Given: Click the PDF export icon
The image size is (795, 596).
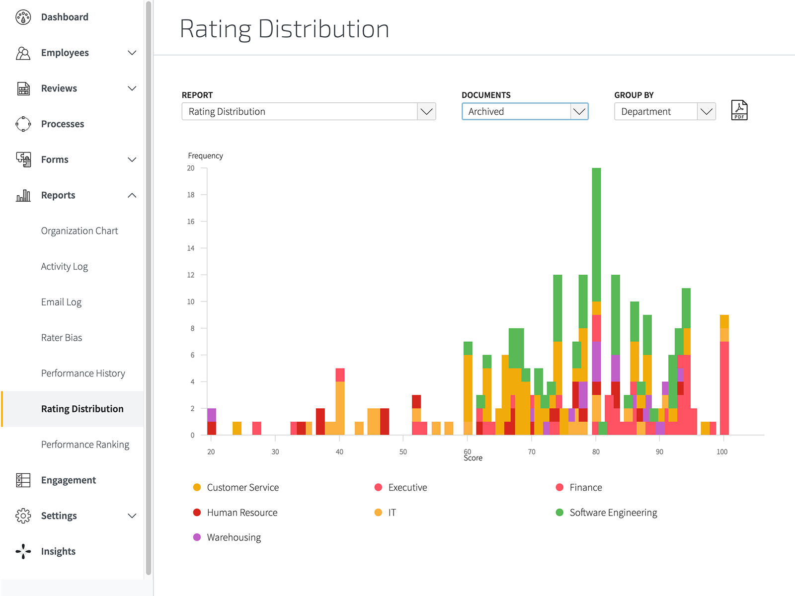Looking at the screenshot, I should tap(739, 110).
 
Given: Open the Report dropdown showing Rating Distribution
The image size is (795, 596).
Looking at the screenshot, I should tap(309, 111).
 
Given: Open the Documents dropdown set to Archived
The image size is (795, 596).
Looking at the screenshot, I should tap(525, 111).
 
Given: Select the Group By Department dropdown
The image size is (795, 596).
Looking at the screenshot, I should tap(664, 111).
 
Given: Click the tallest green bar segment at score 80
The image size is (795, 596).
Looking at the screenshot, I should tap(596, 233).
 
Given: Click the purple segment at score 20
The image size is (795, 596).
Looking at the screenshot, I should tap(212, 415).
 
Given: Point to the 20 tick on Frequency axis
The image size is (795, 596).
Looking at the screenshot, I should tap(191, 168).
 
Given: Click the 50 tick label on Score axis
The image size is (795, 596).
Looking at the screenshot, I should tap(403, 452).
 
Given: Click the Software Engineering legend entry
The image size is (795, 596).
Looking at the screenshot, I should tap(613, 513).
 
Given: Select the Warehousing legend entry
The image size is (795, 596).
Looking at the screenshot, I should tap(234, 537).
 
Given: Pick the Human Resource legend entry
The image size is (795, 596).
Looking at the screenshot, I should tap(241, 513).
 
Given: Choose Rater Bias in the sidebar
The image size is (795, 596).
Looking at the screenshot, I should tap(62, 338).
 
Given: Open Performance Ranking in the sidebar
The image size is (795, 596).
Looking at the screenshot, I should tap(85, 445).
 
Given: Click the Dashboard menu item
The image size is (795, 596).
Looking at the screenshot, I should tap(65, 17).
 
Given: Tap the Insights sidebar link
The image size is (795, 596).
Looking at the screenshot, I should tap(58, 551).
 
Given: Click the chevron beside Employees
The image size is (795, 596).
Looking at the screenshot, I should tap(132, 53).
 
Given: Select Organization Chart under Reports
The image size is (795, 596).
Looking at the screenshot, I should tap(79, 231).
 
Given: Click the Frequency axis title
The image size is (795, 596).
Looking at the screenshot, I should tap(205, 156).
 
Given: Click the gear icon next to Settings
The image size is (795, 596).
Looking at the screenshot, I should tap(23, 516).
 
